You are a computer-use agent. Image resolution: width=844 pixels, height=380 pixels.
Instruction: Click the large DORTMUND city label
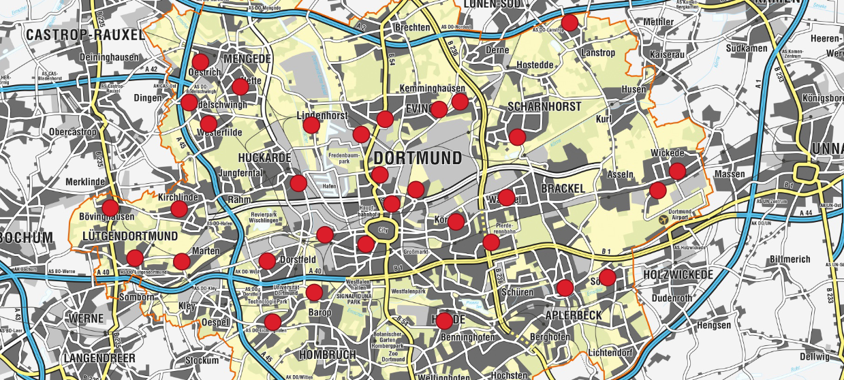pyautogui.click(x=418, y=158)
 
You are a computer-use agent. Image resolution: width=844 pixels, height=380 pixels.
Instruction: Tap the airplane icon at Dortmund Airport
pyautogui.click(x=663, y=220)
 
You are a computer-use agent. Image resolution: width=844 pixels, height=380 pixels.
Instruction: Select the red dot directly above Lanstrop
pyautogui.click(x=569, y=22)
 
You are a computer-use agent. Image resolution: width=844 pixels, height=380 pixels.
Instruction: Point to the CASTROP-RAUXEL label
pyautogui.click(x=85, y=34)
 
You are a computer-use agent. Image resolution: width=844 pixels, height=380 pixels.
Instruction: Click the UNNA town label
pyautogui.click(x=827, y=149)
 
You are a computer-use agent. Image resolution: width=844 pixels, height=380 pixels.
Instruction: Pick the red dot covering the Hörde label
pyautogui.click(x=444, y=320)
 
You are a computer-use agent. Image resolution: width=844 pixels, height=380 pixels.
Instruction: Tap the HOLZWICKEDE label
pyautogui.click(x=678, y=274)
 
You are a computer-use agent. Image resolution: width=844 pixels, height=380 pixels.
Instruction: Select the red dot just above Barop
pyautogui.click(x=314, y=293)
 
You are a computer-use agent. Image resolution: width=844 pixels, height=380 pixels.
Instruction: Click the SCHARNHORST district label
pyautogui.click(x=544, y=106)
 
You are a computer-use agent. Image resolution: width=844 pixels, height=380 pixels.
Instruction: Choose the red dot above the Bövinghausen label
pyautogui.click(x=110, y=207)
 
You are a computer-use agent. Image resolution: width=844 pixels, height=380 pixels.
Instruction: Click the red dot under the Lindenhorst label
pyautogui.click(x=311, y=125)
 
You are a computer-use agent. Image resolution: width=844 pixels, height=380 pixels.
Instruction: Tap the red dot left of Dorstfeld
pyautogui.click(x=267, y=260)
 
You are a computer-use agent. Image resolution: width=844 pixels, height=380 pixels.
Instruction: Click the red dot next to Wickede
pyautogui.click(x=676, y=171)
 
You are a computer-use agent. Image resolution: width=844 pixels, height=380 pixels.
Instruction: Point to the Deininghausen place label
pyautogui.click(x=108, y=57)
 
